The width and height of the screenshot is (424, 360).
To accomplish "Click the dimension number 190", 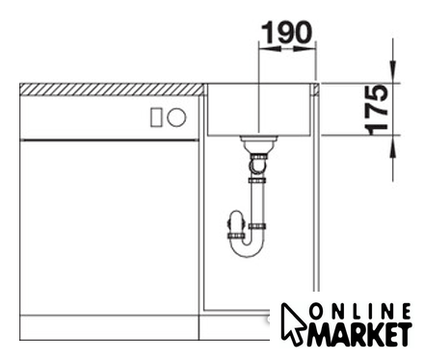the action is (286, 32).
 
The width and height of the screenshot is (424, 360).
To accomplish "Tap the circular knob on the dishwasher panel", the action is (176, 117).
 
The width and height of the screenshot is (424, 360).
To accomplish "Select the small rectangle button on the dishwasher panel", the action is (155, 117).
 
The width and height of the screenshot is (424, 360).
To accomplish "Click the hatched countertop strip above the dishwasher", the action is (112, 90).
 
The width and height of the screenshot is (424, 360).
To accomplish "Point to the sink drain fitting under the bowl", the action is (258, 143).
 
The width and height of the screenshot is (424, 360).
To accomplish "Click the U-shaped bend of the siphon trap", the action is (248, 247).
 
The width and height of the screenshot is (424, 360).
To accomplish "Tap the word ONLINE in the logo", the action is (360, 311).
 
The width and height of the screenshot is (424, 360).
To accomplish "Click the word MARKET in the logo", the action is (359, 335).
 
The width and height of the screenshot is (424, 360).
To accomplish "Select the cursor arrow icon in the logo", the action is (292, 324).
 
